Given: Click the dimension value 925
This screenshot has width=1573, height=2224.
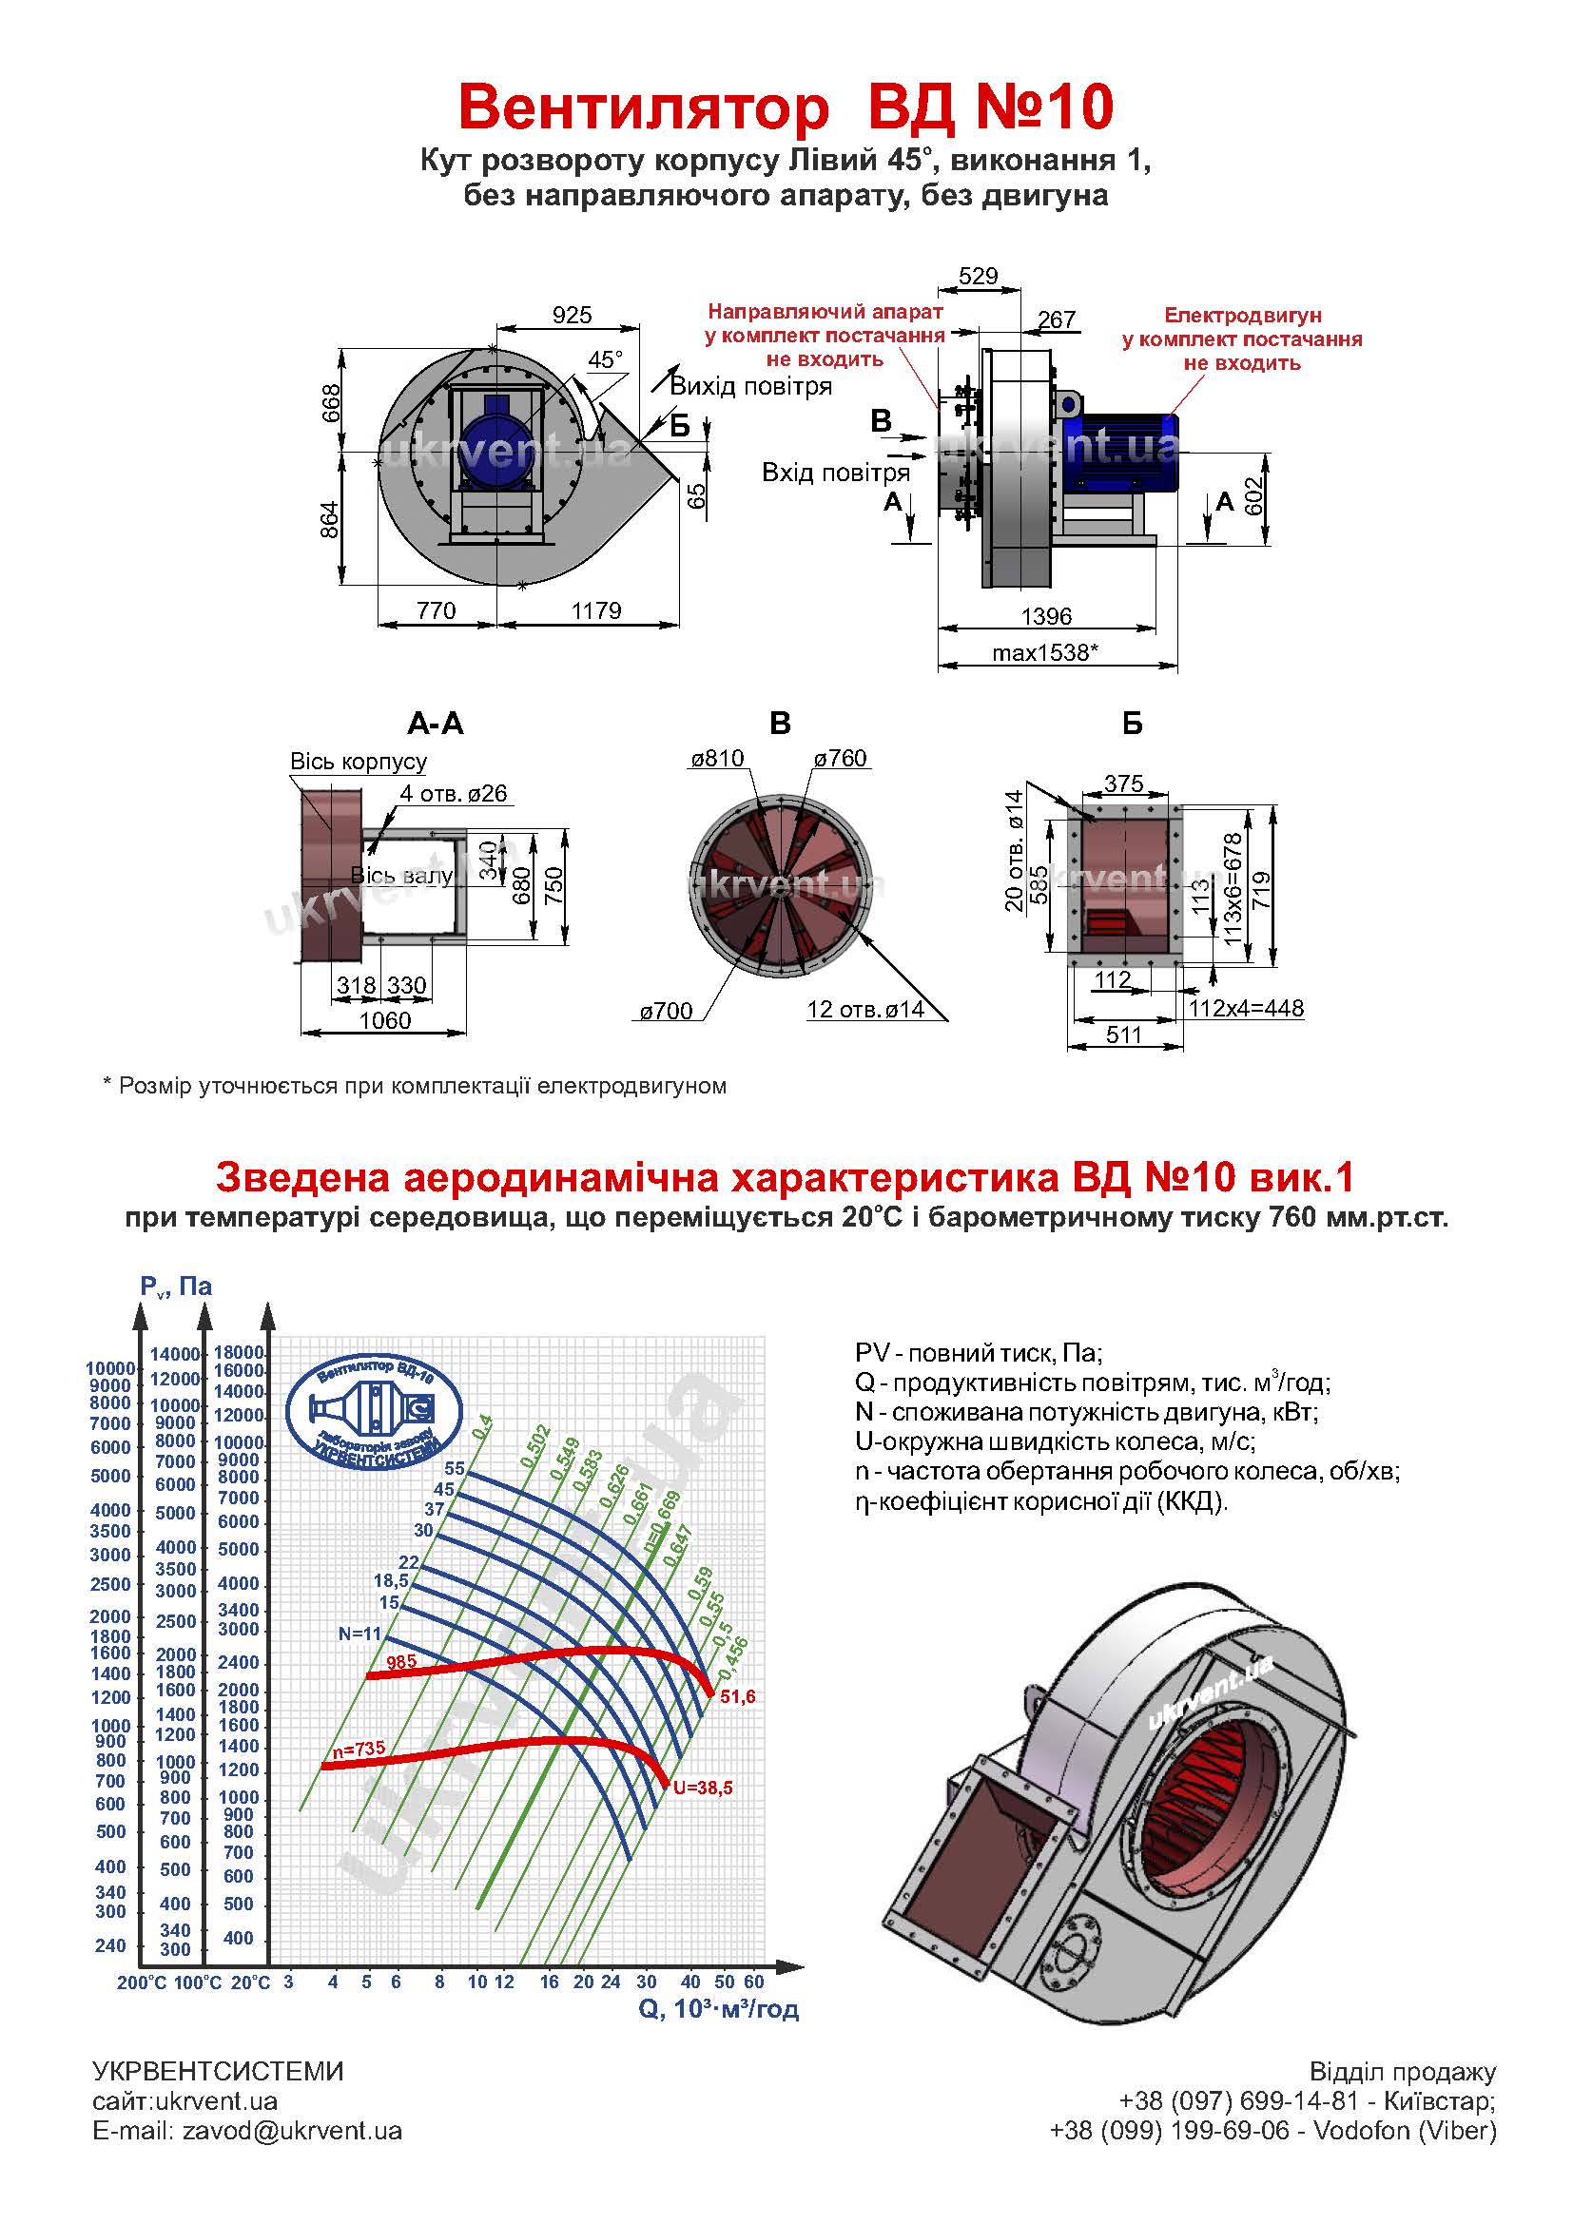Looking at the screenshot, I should click(572, 315).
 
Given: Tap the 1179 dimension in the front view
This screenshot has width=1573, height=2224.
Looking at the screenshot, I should click(595, 610).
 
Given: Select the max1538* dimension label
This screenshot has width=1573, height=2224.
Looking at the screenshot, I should click(1045, 652).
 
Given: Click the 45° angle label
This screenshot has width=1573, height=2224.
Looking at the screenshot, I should click(606, 360).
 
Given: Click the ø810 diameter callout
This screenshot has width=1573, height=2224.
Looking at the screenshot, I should click(717, 759).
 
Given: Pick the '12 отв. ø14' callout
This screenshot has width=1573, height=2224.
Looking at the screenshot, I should click(864, 1010).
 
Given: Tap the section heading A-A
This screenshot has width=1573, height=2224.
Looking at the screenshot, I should click(435, 724).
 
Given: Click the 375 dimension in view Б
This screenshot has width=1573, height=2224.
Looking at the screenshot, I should click(1123, 783).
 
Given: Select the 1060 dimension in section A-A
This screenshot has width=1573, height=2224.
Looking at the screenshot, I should click(384, 1020).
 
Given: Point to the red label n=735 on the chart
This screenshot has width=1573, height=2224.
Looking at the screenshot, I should click(359, 1750).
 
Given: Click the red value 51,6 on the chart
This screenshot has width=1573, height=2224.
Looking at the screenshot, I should click(737, 1695).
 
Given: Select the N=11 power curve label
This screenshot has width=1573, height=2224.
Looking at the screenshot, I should click(360, 1634).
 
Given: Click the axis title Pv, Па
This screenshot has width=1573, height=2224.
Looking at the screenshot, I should click(175, 1286).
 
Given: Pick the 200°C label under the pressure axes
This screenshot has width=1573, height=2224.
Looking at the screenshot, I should click(142, 1982).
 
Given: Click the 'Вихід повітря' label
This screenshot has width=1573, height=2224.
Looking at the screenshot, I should click(750, 386).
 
